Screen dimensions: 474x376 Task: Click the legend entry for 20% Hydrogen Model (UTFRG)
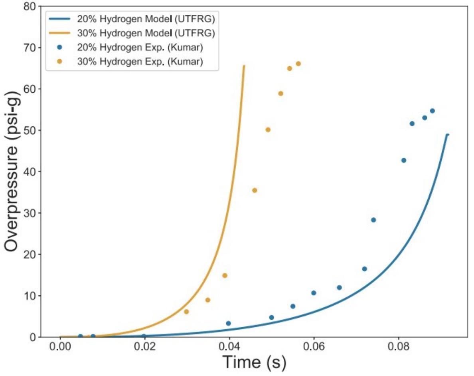coord(132,19)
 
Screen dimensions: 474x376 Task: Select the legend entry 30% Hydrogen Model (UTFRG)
coord(132,33)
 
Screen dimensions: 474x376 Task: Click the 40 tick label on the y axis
coord(30,172)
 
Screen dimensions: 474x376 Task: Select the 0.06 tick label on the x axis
coord(314,347)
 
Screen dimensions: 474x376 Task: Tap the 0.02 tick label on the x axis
coord(145,347)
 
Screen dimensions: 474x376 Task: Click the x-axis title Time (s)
coord(254,362)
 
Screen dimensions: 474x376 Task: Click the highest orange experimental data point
coord(298,64)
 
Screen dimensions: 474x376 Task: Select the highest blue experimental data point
coord(432,111)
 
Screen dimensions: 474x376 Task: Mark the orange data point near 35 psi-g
coord(255,191)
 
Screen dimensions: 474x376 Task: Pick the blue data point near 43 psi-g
coord(403,160)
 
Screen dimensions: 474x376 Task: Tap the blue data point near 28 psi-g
coord(373,220)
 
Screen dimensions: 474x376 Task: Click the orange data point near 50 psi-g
coord(268,130)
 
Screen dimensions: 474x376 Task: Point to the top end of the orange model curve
coord(244,66)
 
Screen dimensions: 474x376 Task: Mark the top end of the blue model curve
coord(448,135)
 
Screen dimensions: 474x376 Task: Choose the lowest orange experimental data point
coord(186,312)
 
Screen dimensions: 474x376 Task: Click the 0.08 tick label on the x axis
coord(399,347)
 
